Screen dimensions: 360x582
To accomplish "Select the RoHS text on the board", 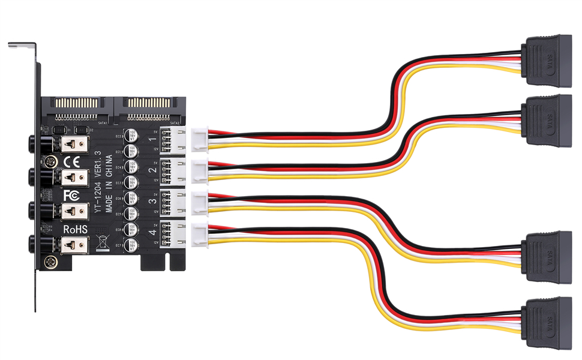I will point(76,229).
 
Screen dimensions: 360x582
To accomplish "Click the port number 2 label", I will point(151,170).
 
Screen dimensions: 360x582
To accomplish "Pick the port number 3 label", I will point(151,200).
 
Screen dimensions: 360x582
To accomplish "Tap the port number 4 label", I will point(151,232).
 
